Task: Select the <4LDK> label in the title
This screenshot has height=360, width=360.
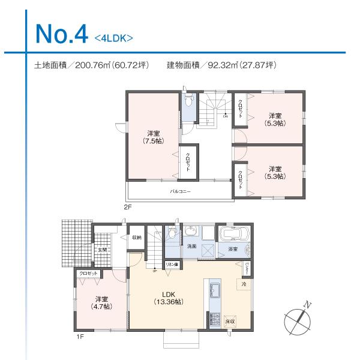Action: [x=113, y=38]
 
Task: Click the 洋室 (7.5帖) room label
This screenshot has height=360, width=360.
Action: [x=152, y=137]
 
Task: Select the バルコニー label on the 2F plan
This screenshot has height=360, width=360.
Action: [x=179, y=191]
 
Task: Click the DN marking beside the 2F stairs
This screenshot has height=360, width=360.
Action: [x=225, y=117]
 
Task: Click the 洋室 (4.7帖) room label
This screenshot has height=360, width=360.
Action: [x=101, y=302]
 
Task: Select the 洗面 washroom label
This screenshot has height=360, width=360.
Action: [x=191, y=247]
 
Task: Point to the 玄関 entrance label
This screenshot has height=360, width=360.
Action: [x=102, y=250]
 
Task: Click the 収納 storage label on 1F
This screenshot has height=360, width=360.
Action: [x=137, y=238]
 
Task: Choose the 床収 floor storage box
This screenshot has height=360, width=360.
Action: [x=229, y=322]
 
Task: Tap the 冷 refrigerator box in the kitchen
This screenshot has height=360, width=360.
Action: [x=244, y=283]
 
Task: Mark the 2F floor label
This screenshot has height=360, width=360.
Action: [x=127, y=207]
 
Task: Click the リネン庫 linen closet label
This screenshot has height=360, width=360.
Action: [x=172, y=264]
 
